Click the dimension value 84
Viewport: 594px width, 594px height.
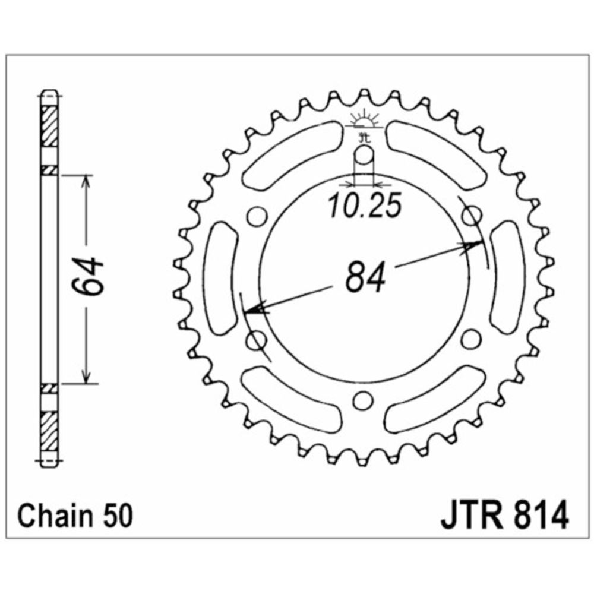(365, 277)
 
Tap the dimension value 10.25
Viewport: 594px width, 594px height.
(365, 206)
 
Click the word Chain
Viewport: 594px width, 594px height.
(55, 516)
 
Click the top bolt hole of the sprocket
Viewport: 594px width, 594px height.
(364, 155)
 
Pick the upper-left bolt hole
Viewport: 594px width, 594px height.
(257, 217)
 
